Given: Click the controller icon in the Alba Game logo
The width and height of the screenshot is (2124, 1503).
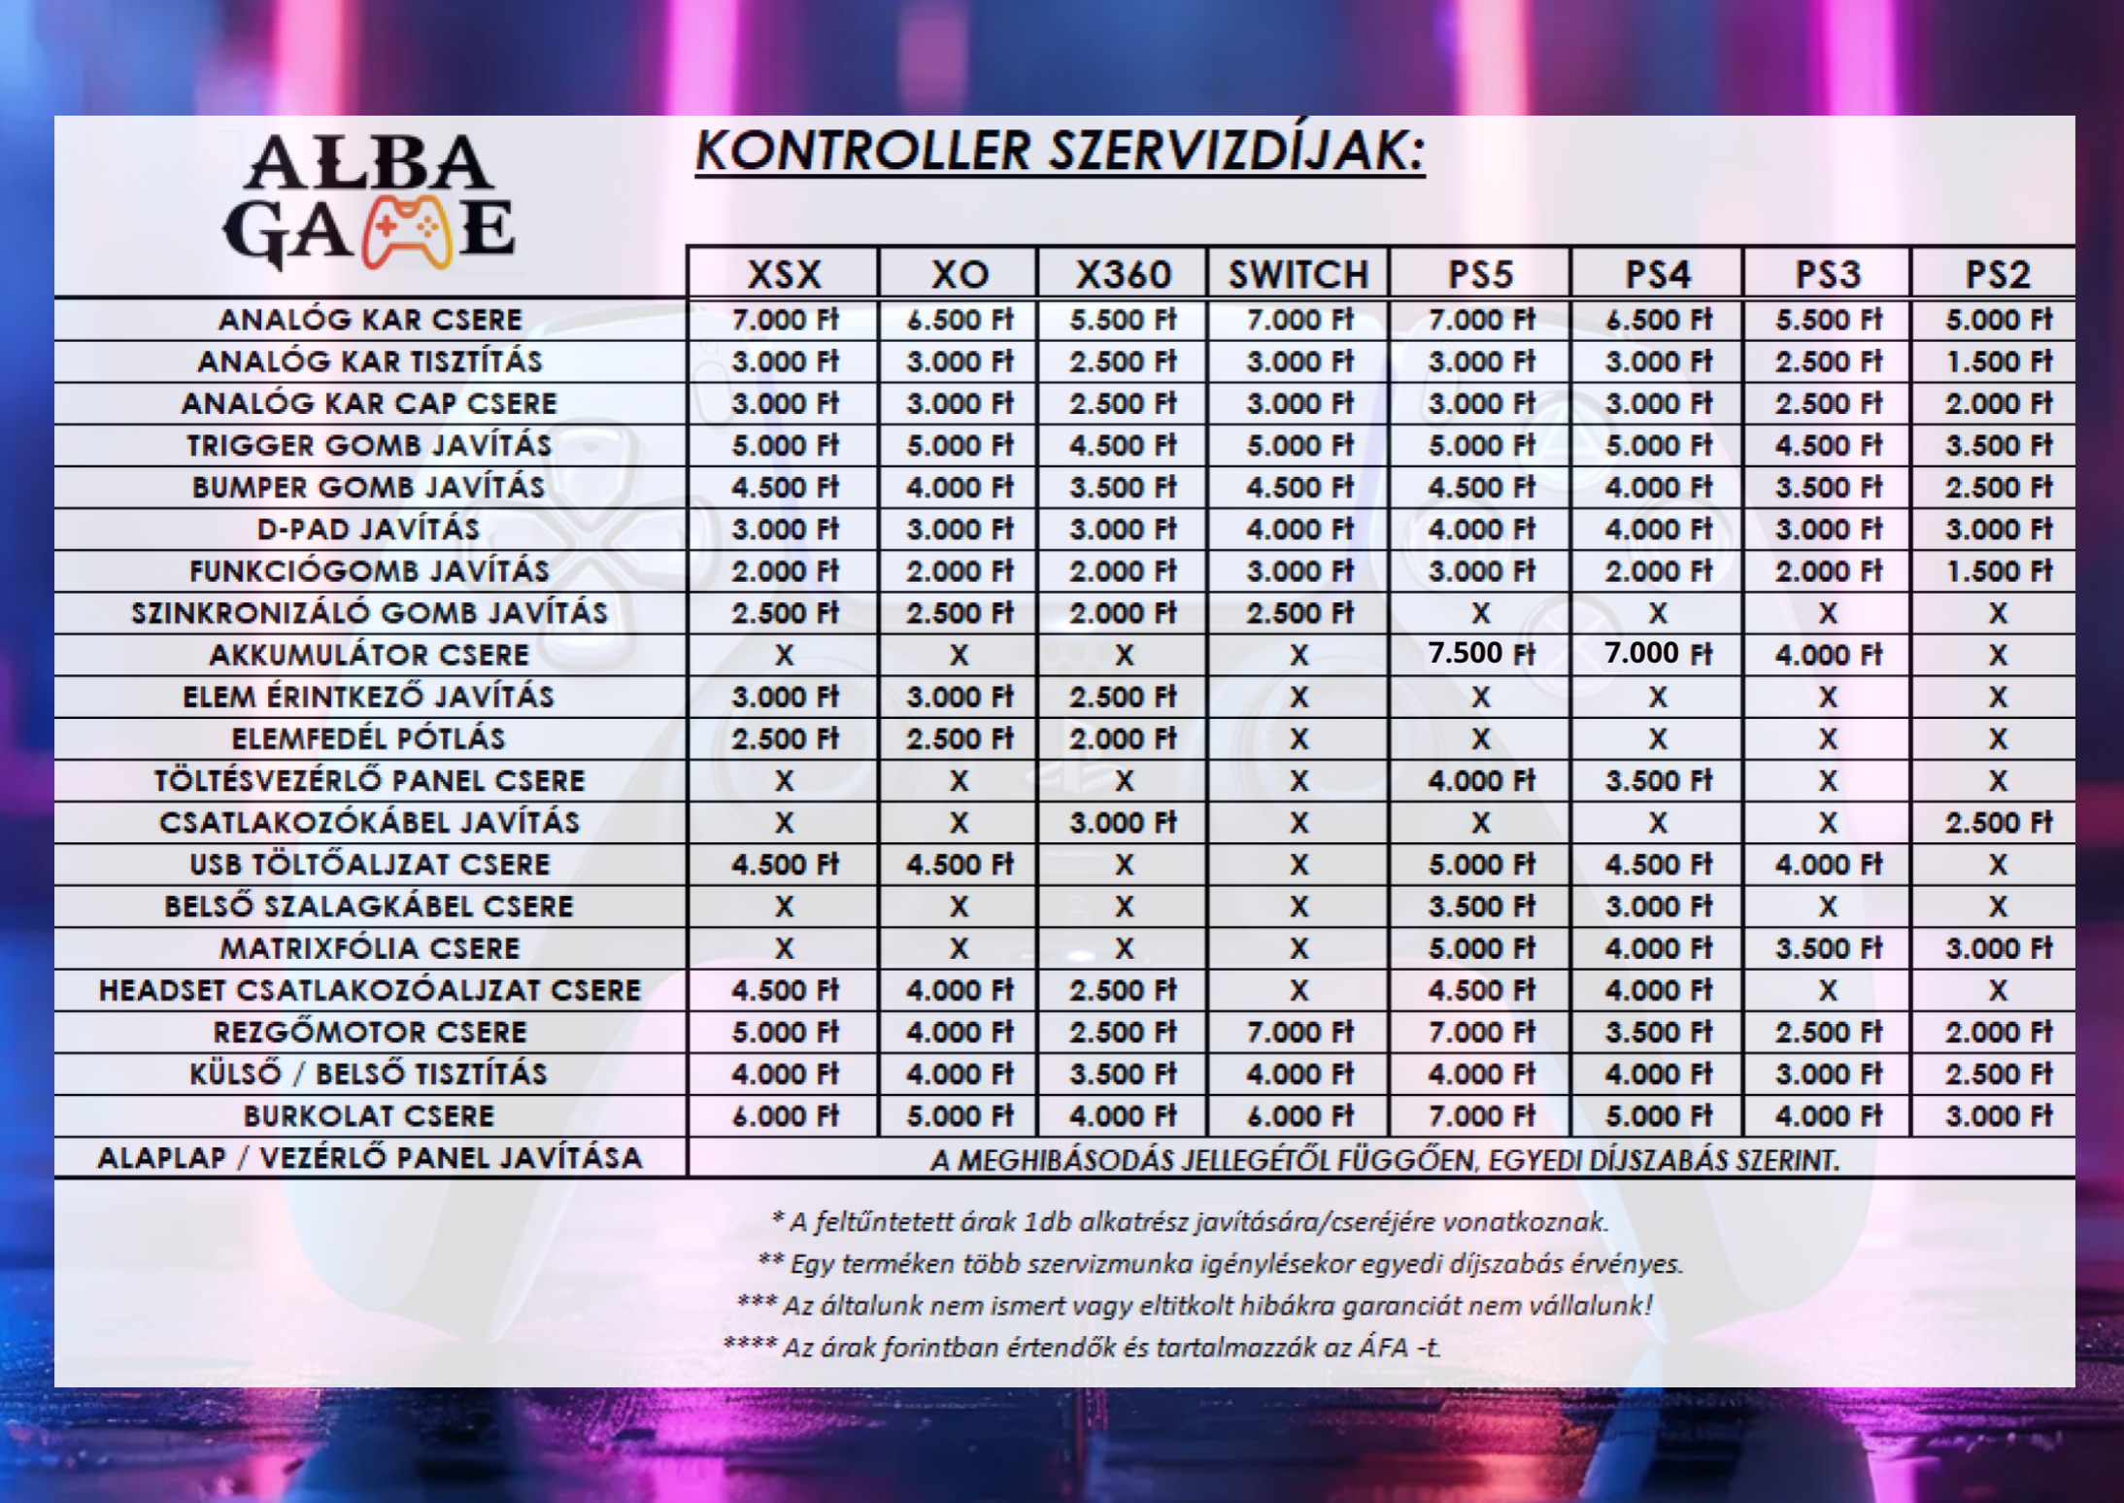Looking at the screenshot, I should pos(406,232).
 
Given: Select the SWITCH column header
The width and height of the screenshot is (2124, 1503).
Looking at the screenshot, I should pos(1298,275).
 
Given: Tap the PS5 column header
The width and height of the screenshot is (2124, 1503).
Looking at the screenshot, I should pos(1480,275).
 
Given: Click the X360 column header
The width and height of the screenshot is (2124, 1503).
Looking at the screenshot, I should pos(1123,275).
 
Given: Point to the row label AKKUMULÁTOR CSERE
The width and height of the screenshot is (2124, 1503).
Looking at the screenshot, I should pos(369,655).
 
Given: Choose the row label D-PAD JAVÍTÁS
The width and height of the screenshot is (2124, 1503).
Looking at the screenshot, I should pos(369,529).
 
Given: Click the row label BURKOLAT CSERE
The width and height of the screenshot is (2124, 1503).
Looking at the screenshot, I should pos(369,1116).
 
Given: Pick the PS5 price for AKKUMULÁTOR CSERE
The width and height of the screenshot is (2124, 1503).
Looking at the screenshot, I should pos(1480,654).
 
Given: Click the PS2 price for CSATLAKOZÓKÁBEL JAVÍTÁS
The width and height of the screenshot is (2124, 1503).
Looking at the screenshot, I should pos(1998,823).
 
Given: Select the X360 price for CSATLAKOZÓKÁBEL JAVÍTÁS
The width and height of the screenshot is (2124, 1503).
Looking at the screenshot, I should pos(1123,823).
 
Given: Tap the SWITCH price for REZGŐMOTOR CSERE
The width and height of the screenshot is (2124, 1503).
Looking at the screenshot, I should pos(1298,1033).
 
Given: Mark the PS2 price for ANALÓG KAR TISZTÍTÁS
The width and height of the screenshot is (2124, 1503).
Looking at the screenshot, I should pos(1998,361).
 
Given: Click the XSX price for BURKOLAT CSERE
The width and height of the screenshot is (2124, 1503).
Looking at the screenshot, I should pos(784,1116).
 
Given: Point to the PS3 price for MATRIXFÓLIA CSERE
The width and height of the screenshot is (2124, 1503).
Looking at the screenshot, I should pos(1828,948).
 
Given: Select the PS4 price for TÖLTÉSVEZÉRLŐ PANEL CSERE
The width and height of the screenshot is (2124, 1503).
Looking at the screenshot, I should pos(1658,781).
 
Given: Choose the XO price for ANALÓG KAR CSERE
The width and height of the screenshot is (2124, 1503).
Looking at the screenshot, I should pos(959,320).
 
